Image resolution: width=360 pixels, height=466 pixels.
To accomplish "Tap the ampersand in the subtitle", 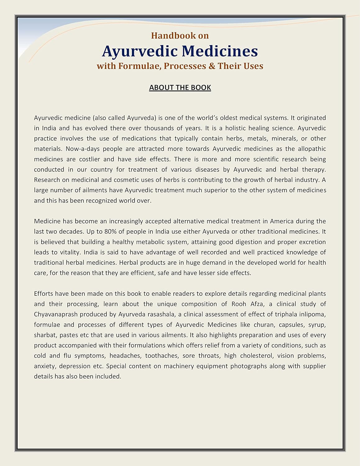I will tap(212, 66).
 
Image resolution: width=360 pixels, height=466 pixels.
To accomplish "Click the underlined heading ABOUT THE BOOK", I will tap(180, 88).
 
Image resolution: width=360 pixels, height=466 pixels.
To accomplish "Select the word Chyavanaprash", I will tap(56, 314).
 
